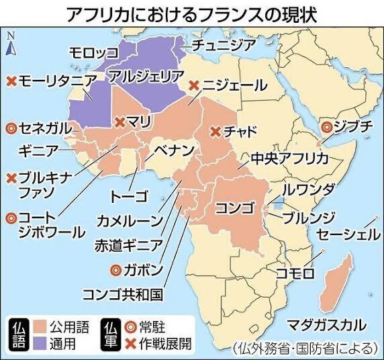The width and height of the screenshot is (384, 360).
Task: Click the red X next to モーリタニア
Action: point(11,81)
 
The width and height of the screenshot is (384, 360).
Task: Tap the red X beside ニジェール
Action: point(194,85)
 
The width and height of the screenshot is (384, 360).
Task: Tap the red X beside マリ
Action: point(119,122)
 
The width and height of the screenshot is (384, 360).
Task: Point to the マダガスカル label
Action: point(326,325)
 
